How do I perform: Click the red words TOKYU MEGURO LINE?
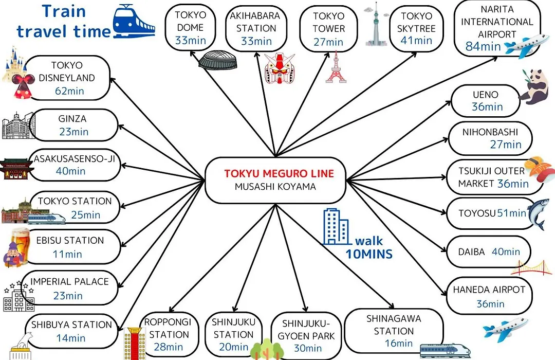[279, 173]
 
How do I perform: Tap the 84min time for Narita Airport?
[483, 46]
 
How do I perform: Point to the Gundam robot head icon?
[280, 68]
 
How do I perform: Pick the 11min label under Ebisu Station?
[67, 254]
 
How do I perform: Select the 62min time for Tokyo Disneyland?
[69, 91]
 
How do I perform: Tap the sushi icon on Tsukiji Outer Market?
[538, 169]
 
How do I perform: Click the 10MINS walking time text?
[369, 254]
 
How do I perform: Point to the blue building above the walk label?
[335, 227]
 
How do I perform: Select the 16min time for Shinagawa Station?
[399, 344]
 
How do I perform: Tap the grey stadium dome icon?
[217, 60]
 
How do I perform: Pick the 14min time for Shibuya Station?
[71, 338]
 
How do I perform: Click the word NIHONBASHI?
[490, 132]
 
